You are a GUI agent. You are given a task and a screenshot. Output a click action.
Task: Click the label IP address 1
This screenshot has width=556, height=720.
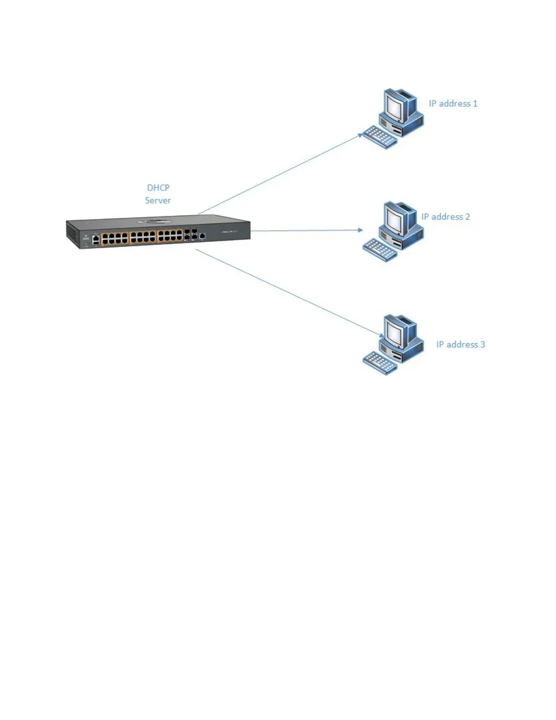(453, 104)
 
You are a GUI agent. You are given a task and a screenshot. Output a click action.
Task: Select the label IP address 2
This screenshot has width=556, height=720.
(445, 217)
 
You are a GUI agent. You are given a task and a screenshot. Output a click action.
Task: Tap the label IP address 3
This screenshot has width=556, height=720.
(460, 345)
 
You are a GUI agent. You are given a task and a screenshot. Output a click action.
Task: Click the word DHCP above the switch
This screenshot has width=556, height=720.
(158, 188)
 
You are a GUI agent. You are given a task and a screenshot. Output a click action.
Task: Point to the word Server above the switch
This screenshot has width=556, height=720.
(158, 200)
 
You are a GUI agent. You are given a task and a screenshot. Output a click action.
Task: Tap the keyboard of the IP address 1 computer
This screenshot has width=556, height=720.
(380, 136)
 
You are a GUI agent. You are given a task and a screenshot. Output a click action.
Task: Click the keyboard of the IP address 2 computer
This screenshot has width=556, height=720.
(380, 250)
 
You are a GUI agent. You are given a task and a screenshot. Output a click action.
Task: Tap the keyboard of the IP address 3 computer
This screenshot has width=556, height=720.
(380, 363)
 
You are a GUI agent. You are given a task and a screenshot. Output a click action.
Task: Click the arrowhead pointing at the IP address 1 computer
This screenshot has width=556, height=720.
(360, 135)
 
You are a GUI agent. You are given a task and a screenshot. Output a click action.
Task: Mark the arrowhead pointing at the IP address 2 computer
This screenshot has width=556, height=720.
(360, 230)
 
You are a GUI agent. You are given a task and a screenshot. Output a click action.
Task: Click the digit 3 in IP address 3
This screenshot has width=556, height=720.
(483, 345)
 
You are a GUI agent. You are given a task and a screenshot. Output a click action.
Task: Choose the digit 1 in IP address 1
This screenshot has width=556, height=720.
(475, 104)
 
